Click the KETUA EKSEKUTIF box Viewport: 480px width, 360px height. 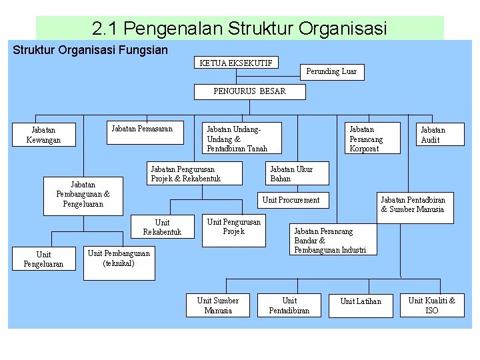point(235,63)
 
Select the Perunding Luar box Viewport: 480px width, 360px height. point(331,71)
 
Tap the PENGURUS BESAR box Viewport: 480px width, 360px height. point(249,91)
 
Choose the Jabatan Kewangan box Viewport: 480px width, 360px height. point(43,135)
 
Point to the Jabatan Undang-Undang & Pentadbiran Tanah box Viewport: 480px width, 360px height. point(240,138)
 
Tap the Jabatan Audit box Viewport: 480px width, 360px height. point(431,134)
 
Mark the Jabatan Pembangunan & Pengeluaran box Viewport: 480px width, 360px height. point(83,195)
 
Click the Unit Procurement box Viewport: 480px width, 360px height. point(291,199)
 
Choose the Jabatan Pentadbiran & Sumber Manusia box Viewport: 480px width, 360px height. point(413,204)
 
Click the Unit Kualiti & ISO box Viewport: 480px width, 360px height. point(431,305)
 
